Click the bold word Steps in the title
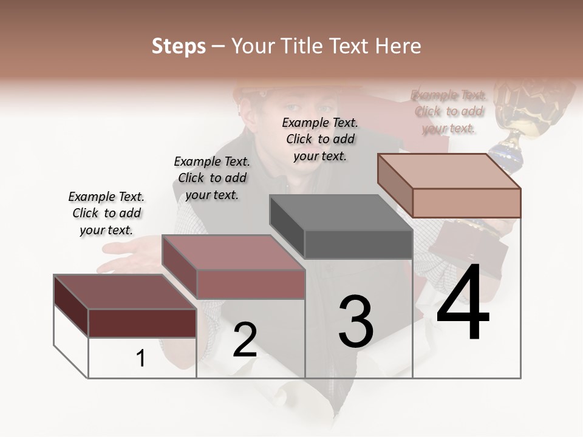click(x=179, y=46)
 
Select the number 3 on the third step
click(x=356, y=322)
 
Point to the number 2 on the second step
click(x=245, y=340)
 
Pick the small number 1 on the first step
click(x=141, y=359)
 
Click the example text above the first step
click(x=106, y=213)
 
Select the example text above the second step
click(x=212, y=178)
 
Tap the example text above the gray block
click(x=320, y=139)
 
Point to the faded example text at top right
click(x=448, y=111)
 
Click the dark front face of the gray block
click(x=358, y=244)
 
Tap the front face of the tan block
click(x=466, y=203)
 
